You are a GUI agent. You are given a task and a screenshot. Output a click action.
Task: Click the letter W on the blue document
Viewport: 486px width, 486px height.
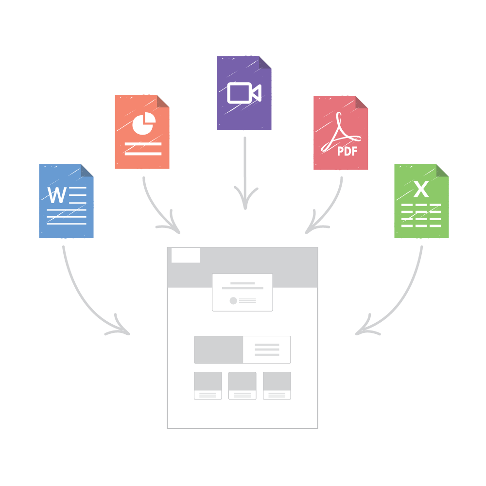(57, 195)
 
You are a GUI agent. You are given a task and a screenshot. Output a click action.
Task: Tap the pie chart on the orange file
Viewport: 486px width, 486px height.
(144, 123)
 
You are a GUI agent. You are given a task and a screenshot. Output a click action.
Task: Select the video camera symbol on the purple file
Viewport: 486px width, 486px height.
(244, 93)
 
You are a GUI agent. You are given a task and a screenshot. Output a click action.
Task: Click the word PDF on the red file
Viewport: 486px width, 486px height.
(347, 151)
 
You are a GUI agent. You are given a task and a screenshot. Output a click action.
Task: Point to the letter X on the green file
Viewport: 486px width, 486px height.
(421, 189)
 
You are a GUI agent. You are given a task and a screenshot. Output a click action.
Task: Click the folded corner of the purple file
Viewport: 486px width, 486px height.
(265, 62)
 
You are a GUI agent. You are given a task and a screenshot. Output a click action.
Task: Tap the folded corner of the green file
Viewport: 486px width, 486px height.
(442, 171)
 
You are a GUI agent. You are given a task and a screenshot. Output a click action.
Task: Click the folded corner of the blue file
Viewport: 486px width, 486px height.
(87, 171)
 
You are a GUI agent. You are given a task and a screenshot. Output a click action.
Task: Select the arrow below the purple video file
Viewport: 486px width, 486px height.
(245, 174)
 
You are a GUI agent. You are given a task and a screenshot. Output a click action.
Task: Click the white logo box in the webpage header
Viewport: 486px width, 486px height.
(185, 255)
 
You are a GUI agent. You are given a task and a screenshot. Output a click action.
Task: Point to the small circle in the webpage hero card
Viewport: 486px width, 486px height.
(233, 301)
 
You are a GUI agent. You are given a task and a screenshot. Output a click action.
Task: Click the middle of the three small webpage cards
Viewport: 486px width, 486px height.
(243, 385)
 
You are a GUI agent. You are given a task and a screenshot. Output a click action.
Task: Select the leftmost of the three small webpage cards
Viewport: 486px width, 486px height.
(208, 385)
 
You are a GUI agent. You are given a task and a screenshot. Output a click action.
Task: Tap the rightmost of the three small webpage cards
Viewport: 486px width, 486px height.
(277, 385)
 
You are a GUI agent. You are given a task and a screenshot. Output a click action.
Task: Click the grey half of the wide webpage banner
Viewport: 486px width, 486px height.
(219, 349)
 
